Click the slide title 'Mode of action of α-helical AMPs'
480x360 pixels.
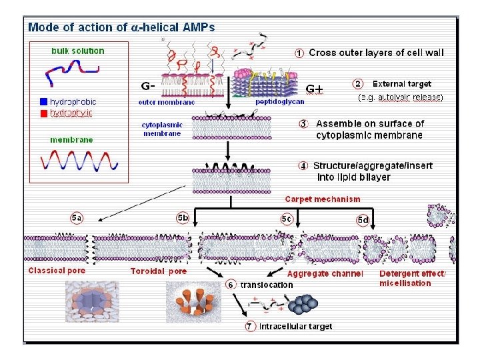121,27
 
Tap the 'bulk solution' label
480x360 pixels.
78,51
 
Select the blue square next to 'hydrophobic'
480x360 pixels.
43,102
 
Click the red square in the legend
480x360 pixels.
43,113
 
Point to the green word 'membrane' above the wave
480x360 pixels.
71,140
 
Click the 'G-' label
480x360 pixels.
148,86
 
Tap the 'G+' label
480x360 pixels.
314,88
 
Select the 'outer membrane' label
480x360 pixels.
166,102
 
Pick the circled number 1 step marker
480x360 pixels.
300,52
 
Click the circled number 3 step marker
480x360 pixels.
303,123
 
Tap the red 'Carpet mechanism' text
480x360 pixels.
323,199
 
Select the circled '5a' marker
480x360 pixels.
77,218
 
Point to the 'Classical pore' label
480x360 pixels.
57,271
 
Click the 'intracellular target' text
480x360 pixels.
295,326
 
